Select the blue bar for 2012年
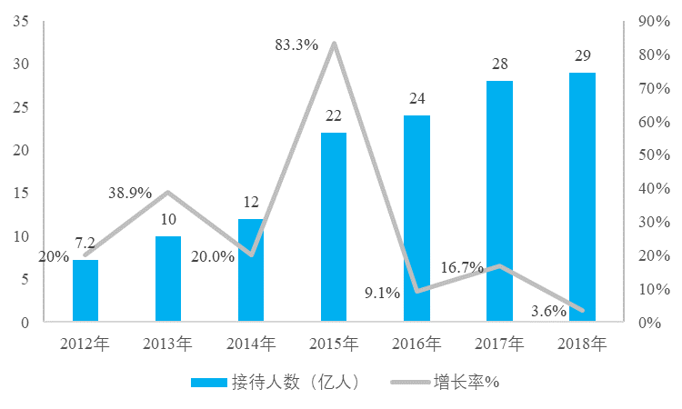[x=85, y=291]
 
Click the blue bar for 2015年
[x=334, y=227]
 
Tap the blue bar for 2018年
[x=582, y=196]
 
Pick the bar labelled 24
[x=416, y=218]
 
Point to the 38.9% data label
[x=129, y=194]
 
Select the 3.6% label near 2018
[x=548, y=311]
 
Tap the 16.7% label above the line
[x=461, y=267]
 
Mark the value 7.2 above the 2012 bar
[x=85, y=244]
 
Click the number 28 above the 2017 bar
[x=499, y=64]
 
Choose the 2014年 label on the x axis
[x=251, y=344]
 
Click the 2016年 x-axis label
[x=416, y=344]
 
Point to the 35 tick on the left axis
[x=20, y=22]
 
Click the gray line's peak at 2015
[x=334, y=43]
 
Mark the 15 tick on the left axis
[x=20, y=194]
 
